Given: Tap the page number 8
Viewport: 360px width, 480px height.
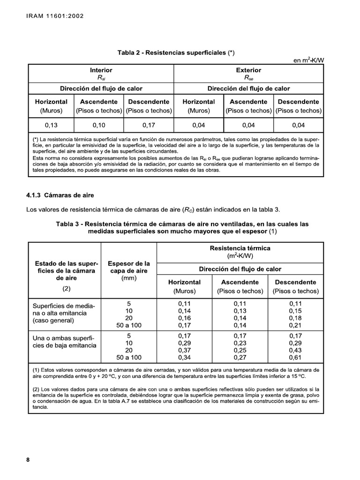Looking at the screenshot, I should (x=28, y=460).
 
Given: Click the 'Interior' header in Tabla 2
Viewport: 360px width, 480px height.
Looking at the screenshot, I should (x=101, y=70).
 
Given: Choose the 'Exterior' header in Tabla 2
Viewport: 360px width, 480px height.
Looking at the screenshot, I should (x=248, y=70).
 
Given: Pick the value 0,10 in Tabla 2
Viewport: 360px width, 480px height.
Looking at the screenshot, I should (x=99, y=125).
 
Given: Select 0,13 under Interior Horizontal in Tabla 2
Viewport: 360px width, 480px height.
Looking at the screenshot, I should (x=51, y=125).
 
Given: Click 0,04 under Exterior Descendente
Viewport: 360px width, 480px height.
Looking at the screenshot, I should (x=298, y=125).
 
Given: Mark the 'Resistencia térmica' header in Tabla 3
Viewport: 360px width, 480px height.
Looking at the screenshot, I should (x=240, y=248).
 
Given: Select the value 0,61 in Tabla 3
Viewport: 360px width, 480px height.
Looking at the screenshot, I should (x=295, y=358).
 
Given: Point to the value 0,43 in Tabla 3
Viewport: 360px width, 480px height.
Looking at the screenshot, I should (x=295, y=350).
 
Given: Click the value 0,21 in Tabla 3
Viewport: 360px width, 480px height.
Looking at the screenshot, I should (x=295, y=325).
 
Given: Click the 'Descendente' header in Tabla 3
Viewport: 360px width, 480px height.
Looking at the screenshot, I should (x=295, y=282).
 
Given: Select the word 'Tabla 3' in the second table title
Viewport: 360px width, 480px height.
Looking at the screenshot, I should (x=68, y=224).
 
